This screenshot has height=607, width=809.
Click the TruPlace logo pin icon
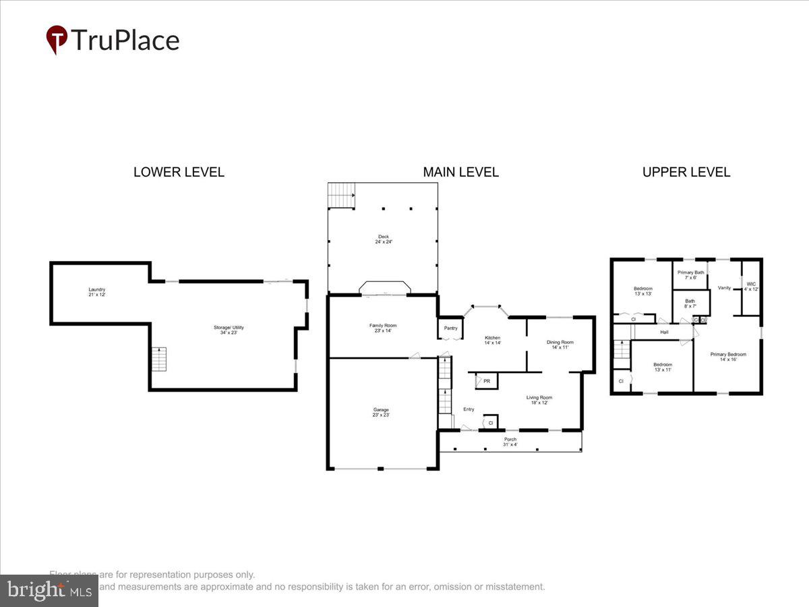(x=57, y=39)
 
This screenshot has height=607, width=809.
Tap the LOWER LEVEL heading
(x=179, y=172)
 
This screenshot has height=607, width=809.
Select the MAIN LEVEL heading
(x=460, y=172)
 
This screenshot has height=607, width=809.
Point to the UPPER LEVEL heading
(x=686, y=172)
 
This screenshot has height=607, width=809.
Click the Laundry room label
(x=97, y=292)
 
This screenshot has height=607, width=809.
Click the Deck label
(x=383, y=239)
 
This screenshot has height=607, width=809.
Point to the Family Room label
(x=382, y=328)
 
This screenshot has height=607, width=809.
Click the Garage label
(x=381, y=412)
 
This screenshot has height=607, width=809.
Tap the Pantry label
(x=450, y=328)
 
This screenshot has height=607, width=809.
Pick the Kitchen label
(x=492, y=340)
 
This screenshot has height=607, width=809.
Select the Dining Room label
(x=560, y=345)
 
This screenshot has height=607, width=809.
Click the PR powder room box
(x=485, y=381)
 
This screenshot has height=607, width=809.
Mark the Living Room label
(x=539, y=400)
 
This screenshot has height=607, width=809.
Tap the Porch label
(x=510, y=442)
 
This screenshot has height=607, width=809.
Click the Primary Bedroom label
(x=728, y=357)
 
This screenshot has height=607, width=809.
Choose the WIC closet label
(x=751, y=287)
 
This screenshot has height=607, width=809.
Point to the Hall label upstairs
(x=664, y=332)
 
